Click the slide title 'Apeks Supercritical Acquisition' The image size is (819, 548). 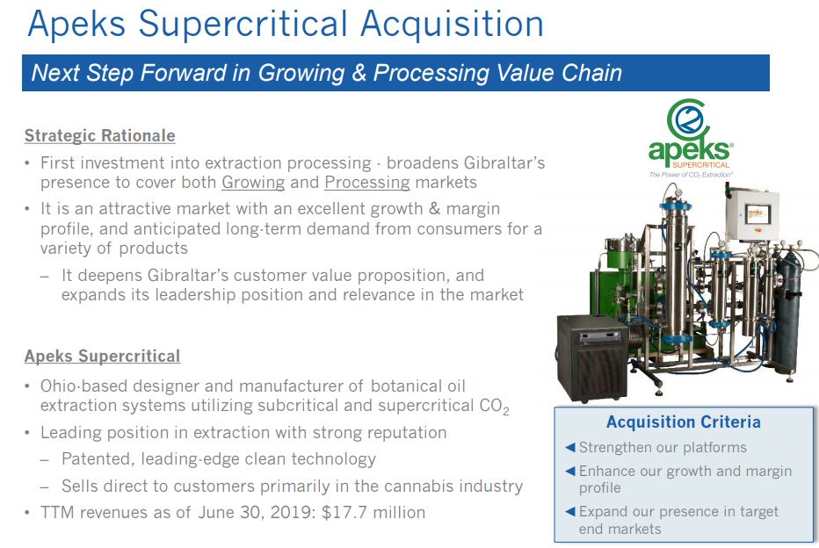tap(286, 25)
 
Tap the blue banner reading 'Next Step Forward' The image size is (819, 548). tap(395, 73)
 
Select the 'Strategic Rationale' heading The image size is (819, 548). tap(100, 136)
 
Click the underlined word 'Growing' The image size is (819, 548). tap(253, 183)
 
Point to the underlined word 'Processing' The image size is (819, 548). tap(367, 183)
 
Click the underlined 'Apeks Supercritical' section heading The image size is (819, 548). tap(102, 356)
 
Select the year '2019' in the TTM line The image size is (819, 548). tap(292, 512)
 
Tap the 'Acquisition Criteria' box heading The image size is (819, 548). tap(683, 422)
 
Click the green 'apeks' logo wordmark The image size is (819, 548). tap(689, 150)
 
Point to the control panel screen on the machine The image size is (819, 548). tap(757, 213)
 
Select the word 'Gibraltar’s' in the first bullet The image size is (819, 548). tap(504, 162)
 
